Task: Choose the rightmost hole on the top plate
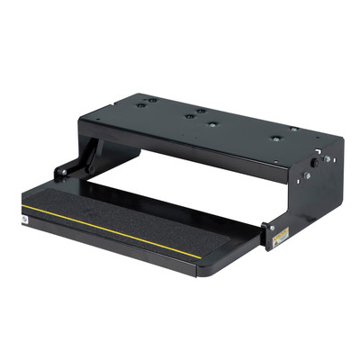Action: pos(293,129)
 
